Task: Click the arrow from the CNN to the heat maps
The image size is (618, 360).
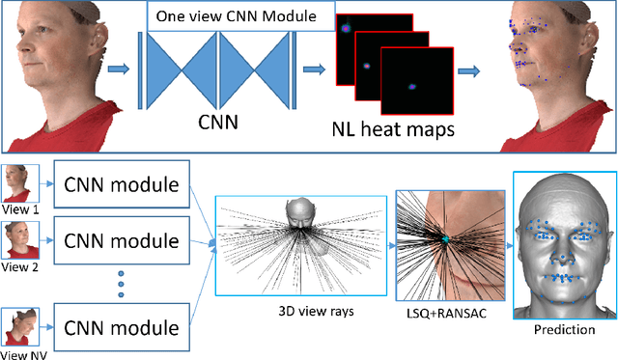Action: tap(313, 69)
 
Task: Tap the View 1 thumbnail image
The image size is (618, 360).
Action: tap(19, 183)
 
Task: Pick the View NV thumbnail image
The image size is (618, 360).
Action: tap(19, 325)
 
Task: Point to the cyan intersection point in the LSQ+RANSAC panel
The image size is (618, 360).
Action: tap(446, 238)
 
